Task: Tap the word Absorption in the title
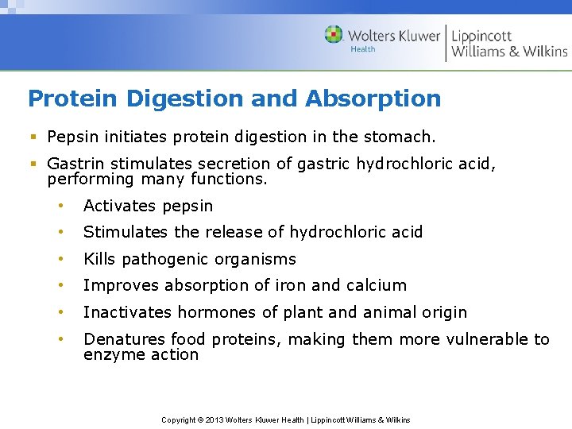coord(373,99)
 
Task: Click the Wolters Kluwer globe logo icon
coord(334,34)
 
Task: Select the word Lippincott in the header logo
coord(481,36)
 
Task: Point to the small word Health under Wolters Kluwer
coord(363,49)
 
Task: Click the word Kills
coord(100,259)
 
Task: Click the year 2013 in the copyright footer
coord(214,419)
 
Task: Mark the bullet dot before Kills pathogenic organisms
coord(60,259)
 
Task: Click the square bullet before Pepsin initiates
coord(33,137)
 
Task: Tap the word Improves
coord(116,285)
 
